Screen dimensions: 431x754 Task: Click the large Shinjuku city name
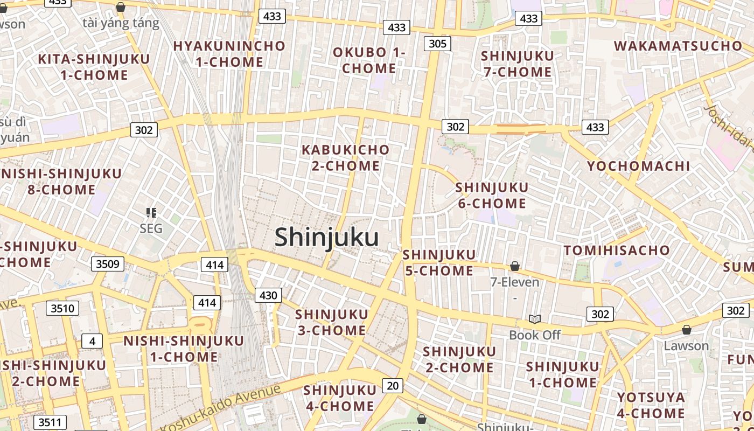coord(326,237)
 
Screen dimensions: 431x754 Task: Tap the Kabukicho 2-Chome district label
coord(345,157)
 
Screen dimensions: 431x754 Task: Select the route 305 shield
coord(437,43)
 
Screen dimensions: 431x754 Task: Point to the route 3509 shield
coord(108,263)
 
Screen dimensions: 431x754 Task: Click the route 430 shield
coord(268,295)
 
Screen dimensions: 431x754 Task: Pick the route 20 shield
coord(393,385)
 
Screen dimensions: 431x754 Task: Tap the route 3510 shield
coord(62,308)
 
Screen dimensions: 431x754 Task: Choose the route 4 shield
coord(92,341)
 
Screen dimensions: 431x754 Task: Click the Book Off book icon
coord(534,319)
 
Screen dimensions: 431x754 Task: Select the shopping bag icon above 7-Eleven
coord(515,266)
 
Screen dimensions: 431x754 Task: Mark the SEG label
coord(151,228)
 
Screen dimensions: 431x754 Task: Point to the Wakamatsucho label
coord(678,46)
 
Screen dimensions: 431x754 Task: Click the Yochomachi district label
coord(638,166)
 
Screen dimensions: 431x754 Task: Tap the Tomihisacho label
coord(617,250)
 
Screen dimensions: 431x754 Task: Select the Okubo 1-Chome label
coord(369,60)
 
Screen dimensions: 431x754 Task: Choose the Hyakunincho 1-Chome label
coord(229,54)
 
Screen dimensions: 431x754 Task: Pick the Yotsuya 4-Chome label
coord(651,405)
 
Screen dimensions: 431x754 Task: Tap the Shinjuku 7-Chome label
coord(517,64)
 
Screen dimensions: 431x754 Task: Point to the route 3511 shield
coord(50,422)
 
